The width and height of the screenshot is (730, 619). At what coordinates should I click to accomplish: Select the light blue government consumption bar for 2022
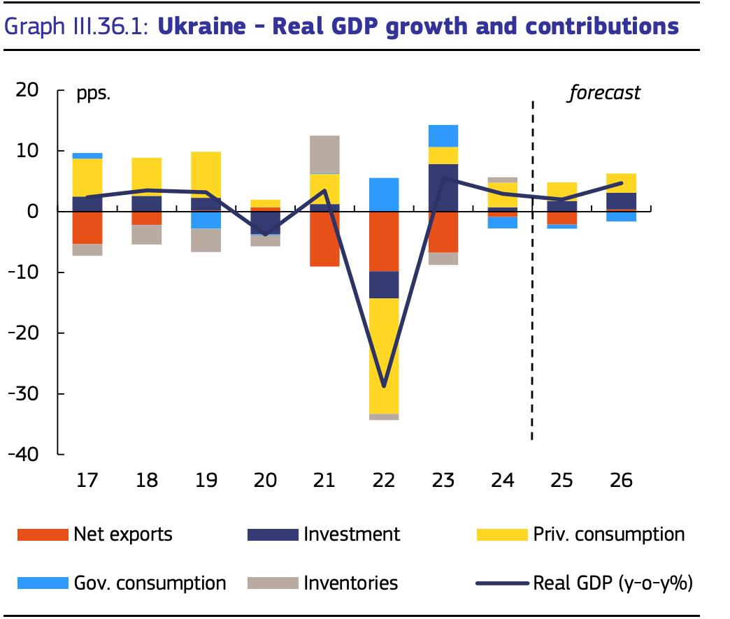pyautogui.click(x=385, y=194)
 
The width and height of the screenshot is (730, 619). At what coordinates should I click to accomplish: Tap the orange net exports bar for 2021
pyautogui.click(x=325, y=238)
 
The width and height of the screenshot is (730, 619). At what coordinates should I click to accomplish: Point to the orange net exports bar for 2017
pyautogui.click(x=88, y=227)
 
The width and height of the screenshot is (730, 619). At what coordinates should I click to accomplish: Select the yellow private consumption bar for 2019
pyautogui.click(x=206, y=174)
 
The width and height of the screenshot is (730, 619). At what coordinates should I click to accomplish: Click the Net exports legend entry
pyautogui.click(x=94, y=534)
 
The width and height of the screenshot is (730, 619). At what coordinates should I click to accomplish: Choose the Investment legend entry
pyautogui.click(x=324, y=534)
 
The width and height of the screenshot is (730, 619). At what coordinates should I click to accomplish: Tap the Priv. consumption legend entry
pyautogui.click(x=580, y=534)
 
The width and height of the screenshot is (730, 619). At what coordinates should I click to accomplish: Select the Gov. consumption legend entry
pyautogui.click(x=122, y=583)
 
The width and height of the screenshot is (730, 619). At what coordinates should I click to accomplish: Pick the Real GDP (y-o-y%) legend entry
pyautogui.click(x=584, y=583)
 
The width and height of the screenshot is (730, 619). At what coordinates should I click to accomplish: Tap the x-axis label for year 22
pyautogui.click(x=385, y=481)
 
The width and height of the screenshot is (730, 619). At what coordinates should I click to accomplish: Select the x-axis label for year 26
pyautogui.click(x=621, y=481)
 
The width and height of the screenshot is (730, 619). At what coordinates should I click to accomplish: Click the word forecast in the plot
pyautogui.click(x=603, y=92)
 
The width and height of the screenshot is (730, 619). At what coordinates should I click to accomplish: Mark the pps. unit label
pyautogui.click(x=93, y=93)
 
